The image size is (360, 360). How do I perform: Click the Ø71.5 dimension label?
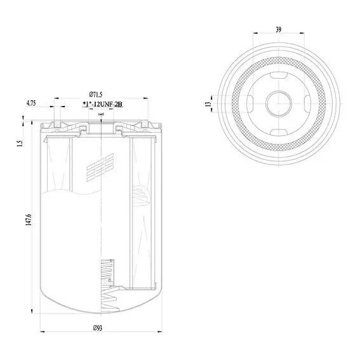pyautogui.click(x=95, y=95)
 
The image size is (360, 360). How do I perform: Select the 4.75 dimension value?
pyautogui.click(x=31, y=103)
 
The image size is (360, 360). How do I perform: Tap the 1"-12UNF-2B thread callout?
pyautogui.click(x=102, y=105)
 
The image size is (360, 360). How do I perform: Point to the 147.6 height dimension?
pyautogui.click(x=28, y=220)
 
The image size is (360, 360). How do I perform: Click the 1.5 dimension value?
pyautogui.click(x=20, y=143)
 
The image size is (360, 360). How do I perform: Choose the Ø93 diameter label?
pyautogui.click(x=98, y=328)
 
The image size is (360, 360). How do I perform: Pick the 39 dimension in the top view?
pyautogui.click(x=278, y=30)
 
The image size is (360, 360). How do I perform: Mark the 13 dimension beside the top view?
pyautogui.click(x=208, y=103)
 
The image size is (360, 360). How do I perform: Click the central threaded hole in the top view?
pyautogui.click(x=279, y=103)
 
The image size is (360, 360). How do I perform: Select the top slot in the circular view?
pyautogui.click(x=279, y=75)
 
